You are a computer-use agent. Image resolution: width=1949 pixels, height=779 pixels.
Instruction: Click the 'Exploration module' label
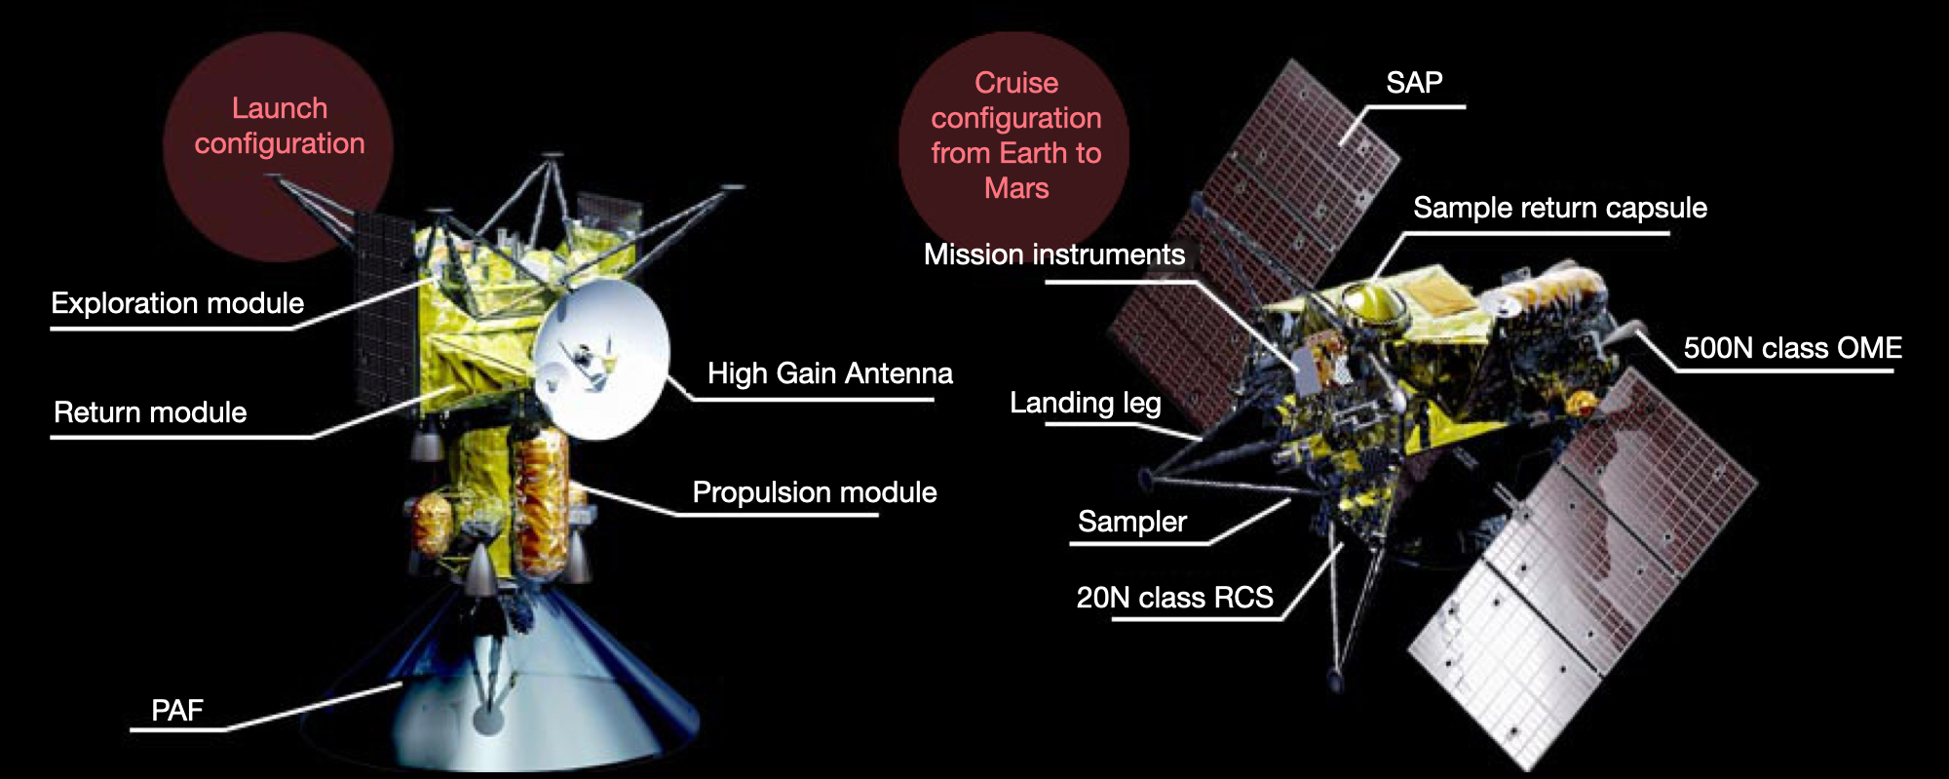[x=177, y=303]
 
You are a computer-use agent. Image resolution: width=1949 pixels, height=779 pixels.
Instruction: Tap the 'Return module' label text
[x=150, y=412]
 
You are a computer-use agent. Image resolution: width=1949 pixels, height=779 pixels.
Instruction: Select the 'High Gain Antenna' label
[x=830, y=373]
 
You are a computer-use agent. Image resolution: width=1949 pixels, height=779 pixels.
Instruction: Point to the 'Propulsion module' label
[x=815, y=492]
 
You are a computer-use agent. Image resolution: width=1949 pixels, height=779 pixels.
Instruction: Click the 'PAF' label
[x=177, y=710]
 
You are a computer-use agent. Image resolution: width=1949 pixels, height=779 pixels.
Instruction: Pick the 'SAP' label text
[x=1414, y=83]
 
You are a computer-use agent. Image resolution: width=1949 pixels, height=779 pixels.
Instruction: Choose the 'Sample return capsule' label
[x=1560, y=208]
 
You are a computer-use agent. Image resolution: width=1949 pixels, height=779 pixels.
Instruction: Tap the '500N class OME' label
[x=1793, y=348]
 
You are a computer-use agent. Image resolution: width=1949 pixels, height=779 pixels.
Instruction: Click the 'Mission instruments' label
[x=1054, y=254]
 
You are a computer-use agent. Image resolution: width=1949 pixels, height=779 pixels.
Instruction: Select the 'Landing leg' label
[x=1086, y=403]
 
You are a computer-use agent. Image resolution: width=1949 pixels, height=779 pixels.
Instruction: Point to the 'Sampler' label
[x=1132, y=522]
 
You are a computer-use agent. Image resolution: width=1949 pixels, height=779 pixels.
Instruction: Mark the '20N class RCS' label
[x=1175, y=598]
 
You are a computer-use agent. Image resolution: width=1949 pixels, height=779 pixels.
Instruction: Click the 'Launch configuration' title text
[x=280, y=126]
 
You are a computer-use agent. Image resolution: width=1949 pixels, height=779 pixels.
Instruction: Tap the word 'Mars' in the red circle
[x=1016, y=188]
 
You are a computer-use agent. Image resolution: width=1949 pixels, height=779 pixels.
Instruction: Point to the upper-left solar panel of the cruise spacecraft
[x=1257, y=244]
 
